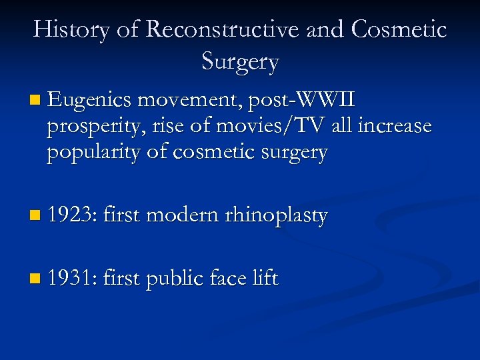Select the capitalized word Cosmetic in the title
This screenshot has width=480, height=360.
399,30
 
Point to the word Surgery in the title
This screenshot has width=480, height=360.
240,62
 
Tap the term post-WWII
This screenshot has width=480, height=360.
302,101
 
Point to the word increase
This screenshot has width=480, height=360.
395,126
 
